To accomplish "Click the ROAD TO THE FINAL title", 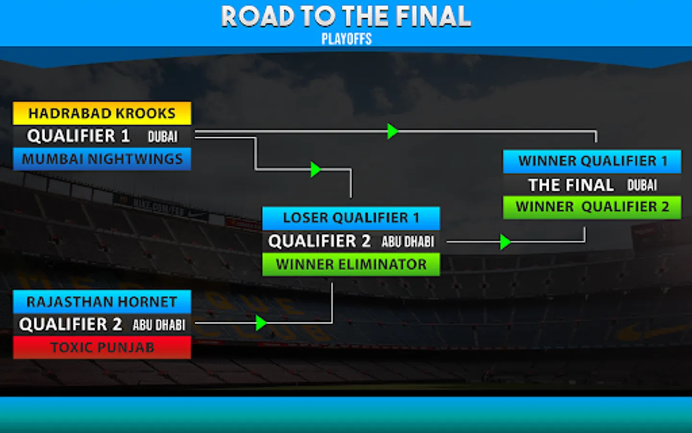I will [x=346, y=16].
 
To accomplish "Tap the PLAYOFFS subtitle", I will [x=346, y=39].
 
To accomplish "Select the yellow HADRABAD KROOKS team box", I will [x=102, y=113].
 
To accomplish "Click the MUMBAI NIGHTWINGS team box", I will [x=102, y=159].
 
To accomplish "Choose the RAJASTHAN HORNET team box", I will [x=102, y=302].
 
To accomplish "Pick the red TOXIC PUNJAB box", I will [x=102, y=347].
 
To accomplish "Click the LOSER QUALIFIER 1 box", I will [x=351, y=218].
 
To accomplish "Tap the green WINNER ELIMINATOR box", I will [x=351, y=264].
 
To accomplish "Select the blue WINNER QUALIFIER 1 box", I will [x=592, y=161].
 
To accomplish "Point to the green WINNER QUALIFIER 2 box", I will [x=592, y=207].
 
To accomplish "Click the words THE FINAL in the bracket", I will [x=571, y=185].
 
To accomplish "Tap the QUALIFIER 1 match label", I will [x=78, y=136].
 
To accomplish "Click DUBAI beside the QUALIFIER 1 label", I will [x=162, y=137].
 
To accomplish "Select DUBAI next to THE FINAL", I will [x=642, y=185].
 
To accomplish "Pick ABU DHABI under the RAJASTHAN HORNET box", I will [x=159, y=325].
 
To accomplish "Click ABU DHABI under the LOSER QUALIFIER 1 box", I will [x=408, y=242].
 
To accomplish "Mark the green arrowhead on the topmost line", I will [x=393, y=131].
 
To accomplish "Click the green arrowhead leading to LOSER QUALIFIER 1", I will [x=315, y=169].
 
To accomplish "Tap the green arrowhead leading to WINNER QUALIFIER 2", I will [x=505, y=242].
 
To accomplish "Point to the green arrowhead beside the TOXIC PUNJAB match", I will [x=261, y=323].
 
